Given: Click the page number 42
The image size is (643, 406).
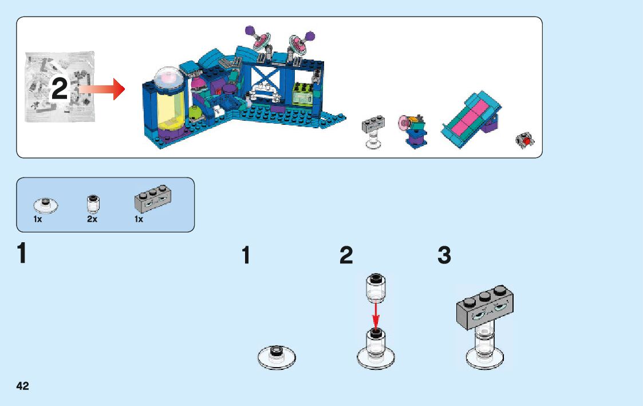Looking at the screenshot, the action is point(23,385).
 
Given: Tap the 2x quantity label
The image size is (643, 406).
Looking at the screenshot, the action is point(92,219).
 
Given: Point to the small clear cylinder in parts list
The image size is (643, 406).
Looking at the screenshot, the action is point(92,202).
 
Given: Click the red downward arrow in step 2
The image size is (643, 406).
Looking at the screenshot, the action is point(375,316).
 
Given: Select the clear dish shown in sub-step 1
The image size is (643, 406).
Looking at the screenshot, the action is point(277,356).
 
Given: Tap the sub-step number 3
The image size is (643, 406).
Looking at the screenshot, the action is point(444,256).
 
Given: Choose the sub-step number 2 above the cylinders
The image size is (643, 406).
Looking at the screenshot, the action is point(346,256).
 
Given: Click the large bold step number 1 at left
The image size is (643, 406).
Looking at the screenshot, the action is point(22,254).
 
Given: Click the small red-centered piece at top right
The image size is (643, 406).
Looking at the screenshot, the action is point(524,140).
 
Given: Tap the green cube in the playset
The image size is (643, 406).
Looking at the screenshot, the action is point(302,93).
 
